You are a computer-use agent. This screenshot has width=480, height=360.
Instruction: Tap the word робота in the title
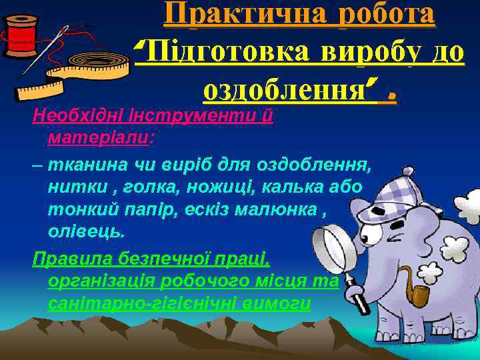[387, 15]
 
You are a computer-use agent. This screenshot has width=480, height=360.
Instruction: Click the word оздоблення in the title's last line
[279, 88]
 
